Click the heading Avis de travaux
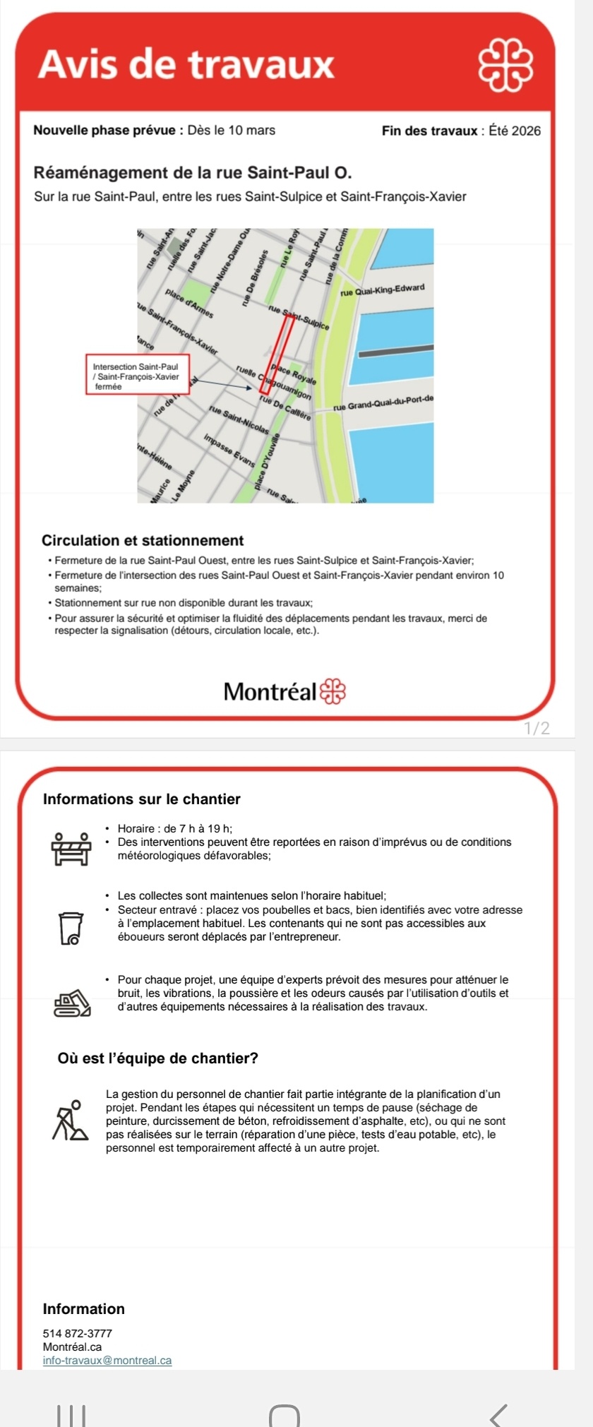pos(186,64)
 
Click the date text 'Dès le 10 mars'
pos(232,131)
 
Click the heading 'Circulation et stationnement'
pos(143,541)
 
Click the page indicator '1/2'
pos(537,728)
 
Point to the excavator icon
pos(72,1003)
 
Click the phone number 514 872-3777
pos(78,1334)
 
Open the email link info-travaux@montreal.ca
pos(107,1361)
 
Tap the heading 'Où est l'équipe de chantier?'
pos(158,1058)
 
